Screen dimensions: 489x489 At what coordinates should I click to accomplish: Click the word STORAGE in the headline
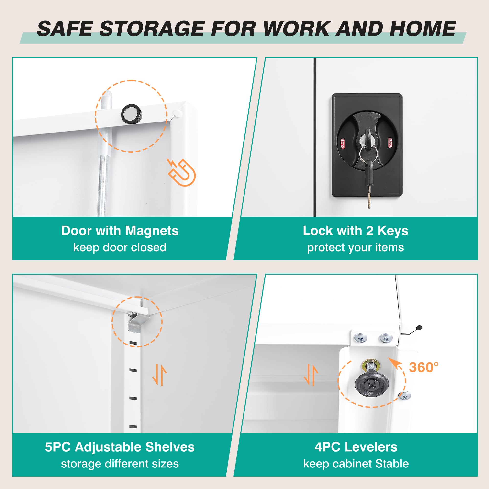click(x=152, y=28)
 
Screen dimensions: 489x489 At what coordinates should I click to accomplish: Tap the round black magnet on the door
click(x=131, y=114)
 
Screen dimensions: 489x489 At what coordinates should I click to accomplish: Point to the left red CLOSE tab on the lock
click(x=343, y=143)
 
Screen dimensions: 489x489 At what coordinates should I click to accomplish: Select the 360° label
click(x=424, y=367)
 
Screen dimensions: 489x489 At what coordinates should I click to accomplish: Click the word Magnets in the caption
click(x=152, y=231)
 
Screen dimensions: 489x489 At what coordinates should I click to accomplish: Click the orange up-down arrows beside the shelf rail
click(x=159, y=374)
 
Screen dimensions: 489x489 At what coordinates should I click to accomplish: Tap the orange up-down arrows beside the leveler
click(x=311, y=374)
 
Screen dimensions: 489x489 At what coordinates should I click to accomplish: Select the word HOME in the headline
click(x=422, y=28)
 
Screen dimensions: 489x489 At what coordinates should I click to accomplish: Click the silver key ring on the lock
click(x=368, y=154)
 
